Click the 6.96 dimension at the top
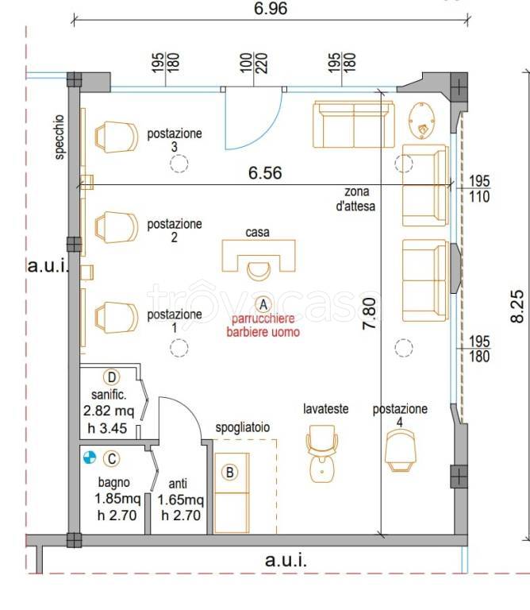point(271,8)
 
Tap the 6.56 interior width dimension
point(265,172)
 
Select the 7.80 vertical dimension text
point(370,314)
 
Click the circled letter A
point(263,305)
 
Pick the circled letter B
point(229,473)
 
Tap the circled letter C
point(112,458)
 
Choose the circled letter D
point(112,377)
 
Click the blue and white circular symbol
point(90,457)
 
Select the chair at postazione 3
point(116,137)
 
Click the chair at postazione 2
point(116,227)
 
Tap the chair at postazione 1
point(116,318)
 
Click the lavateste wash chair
point(322,454)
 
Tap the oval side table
point(422,121)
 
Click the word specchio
point(60,137)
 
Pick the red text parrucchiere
point(263,319)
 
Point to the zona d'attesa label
point(356,199)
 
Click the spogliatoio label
point(243,427)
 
